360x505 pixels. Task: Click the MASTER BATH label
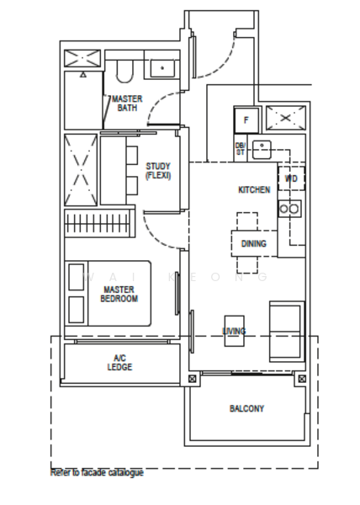point(127,103)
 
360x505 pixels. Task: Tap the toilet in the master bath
point(124,71)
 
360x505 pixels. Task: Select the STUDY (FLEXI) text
point(158,171)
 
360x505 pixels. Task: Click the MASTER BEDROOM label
point(119,294)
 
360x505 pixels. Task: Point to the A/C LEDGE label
point(119,363)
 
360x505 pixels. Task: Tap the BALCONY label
point(246,408)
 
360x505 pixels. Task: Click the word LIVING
point(234,331)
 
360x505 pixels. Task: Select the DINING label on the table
point(253,244)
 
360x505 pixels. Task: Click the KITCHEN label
point(254,190)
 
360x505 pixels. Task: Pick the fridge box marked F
point(246,120)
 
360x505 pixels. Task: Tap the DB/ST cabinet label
point(240,149)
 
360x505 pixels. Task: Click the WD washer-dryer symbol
point(291,179)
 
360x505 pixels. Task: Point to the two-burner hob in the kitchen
point(290,208)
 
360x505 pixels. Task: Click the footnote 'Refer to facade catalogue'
point(97,473)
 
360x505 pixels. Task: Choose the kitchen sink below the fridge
point(262,149)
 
